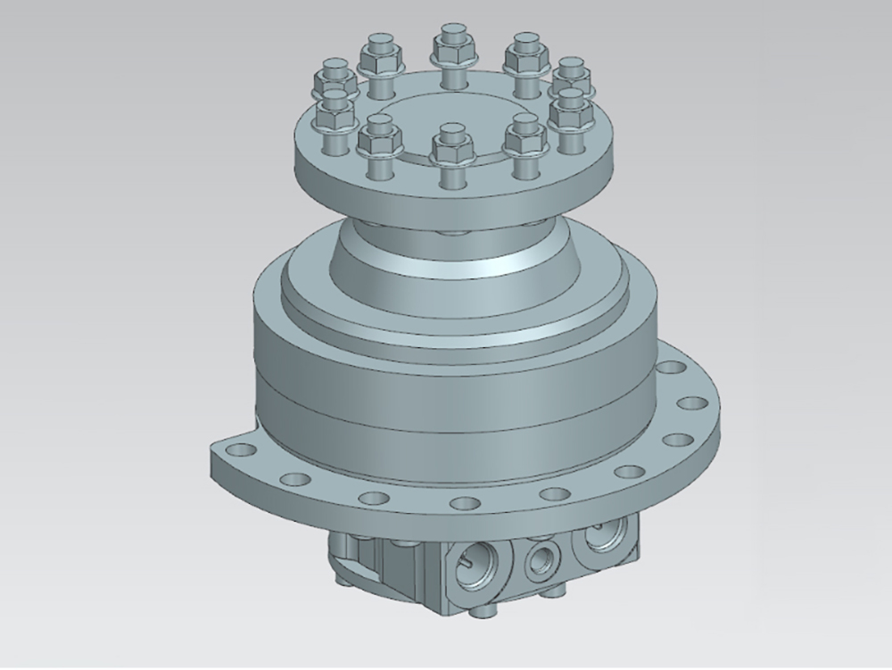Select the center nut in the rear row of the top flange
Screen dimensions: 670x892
click(450, 47)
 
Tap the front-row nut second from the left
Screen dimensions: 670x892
click(375, 139)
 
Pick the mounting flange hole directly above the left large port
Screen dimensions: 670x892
click(462, 504)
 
